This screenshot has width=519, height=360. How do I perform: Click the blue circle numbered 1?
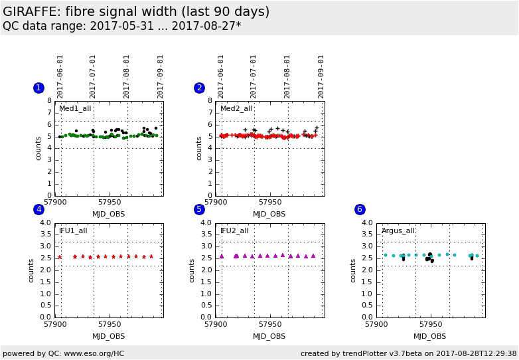coord(38,88)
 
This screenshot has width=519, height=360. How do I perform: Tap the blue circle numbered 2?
coord(199,88)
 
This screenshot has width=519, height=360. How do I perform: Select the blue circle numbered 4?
coord(38,209)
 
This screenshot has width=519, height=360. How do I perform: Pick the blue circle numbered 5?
coord(199,209)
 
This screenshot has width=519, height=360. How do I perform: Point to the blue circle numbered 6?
coord(360,209)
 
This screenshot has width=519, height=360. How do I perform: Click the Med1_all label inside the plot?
coord(75,108)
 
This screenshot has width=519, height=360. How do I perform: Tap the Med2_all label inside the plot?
coord(236,108)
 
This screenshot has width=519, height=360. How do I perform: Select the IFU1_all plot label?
coord(73,230)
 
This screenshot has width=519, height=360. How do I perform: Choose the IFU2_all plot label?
coord(234,230)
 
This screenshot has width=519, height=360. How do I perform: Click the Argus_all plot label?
coord(398,230)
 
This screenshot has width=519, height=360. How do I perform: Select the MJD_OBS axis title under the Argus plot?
coord(430,336)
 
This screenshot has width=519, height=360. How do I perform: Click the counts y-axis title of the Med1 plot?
coord(38,148)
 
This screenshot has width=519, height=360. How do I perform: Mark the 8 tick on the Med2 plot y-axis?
coord(210,101)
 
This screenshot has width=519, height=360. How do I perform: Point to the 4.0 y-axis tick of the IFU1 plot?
coord(46,223)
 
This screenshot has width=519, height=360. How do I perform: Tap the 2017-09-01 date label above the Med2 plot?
coord(321,76)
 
